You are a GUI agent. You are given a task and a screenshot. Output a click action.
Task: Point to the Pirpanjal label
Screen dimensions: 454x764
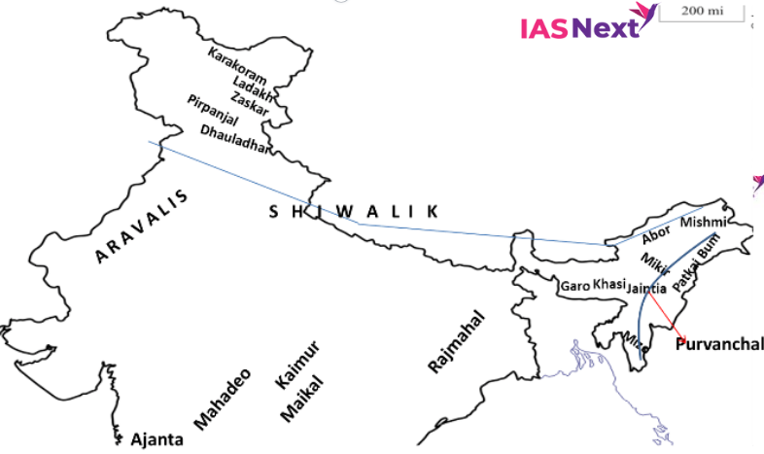point(212,109)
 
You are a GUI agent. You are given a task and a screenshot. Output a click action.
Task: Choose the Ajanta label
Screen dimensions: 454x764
point(156,439)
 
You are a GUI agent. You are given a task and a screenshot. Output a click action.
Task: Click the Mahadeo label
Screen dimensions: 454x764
point(225,399)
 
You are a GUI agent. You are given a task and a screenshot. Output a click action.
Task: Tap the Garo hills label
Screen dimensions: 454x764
point(575,287)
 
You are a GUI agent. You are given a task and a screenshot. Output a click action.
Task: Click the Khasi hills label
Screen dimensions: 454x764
point(608,284)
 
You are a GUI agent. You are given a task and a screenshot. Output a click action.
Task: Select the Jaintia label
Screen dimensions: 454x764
point(646,288)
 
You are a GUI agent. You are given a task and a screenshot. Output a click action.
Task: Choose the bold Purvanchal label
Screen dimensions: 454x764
point(719,344)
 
